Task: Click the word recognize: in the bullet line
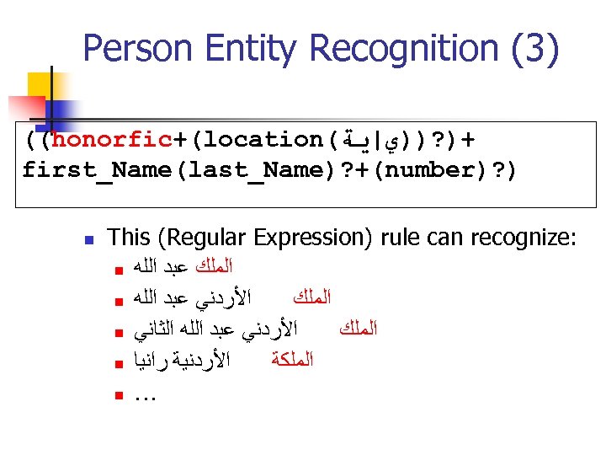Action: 521,238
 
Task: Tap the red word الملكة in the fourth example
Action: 293,361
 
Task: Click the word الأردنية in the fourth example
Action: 203,361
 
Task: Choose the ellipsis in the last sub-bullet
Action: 146,393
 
